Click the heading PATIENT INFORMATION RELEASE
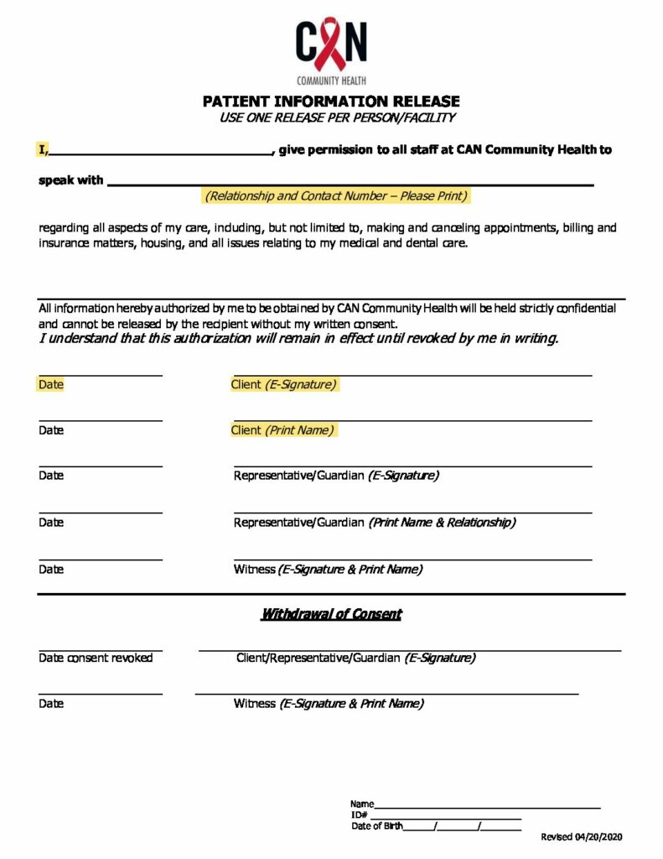pos(331,102)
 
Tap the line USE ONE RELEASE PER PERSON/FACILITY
pos(337,117)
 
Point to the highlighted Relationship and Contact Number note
pos(336,196)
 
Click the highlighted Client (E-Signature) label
pos(284,385)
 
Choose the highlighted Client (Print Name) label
pos(282,430)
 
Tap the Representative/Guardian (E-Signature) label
pos(336,476)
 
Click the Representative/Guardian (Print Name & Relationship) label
pos(375,523)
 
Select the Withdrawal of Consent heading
pos(331,614)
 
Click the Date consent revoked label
pos(96,659)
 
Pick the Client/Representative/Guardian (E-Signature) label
pos(355,659)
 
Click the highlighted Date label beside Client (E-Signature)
pos(51,385)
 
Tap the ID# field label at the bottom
pos(359,815)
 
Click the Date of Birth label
pos(376,826)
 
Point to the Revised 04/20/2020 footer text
pos(582,837)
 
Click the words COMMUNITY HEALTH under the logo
pos(330,81)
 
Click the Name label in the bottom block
pos(361,804)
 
